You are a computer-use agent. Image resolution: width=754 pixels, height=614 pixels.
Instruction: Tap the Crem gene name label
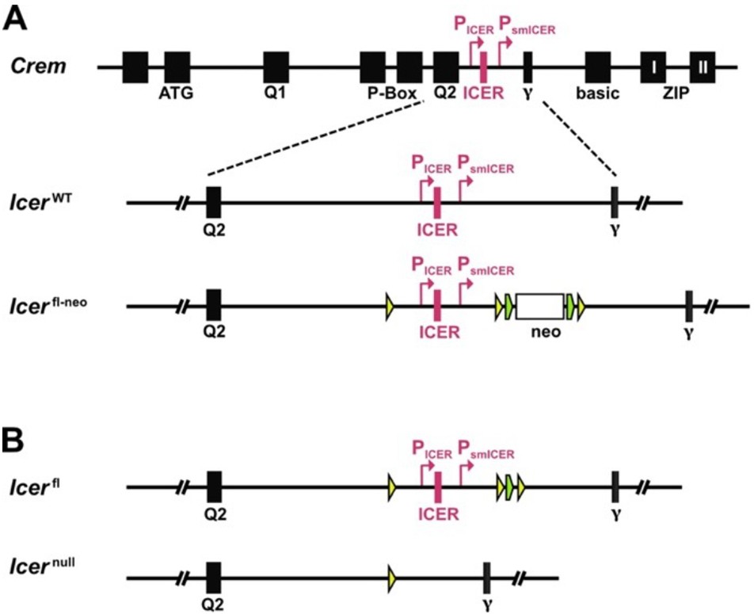click(38, 65)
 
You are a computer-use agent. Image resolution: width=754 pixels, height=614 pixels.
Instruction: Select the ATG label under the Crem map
click(177, 93)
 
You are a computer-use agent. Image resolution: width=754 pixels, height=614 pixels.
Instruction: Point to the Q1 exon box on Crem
click(276, 67)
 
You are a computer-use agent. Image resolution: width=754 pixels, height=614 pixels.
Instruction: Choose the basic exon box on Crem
click(598, 67)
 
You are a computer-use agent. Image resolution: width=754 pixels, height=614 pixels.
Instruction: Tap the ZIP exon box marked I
click(653, 67)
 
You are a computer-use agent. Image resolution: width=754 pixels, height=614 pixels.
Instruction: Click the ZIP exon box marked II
click(703, 67)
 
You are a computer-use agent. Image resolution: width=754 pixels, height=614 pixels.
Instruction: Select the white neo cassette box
click(540, 306)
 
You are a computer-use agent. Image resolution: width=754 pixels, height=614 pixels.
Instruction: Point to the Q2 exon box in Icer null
click(213, 578)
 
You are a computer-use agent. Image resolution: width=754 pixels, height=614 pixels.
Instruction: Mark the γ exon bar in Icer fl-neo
click(689, 306)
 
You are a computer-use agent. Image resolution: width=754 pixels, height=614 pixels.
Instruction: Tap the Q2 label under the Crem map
click(445, 93)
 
